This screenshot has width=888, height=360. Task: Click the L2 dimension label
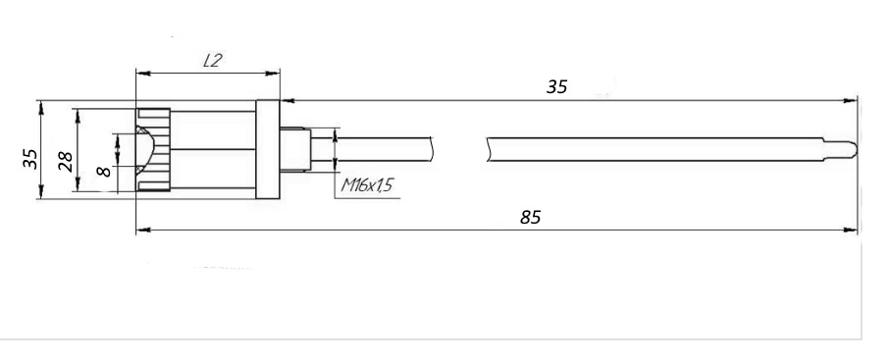click(212, 61)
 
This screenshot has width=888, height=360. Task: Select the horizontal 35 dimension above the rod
click(556, 86)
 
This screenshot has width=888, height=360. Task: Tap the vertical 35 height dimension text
click(30, 159)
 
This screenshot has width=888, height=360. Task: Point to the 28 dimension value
click(67, 161)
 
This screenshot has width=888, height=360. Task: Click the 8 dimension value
click(104, 170)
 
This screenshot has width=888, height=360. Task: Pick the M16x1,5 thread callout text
click(367, 185)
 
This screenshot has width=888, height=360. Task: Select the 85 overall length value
click(531, 217)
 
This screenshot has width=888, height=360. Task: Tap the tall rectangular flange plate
click(268, 149)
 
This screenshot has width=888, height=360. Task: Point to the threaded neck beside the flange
click(295, 149)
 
